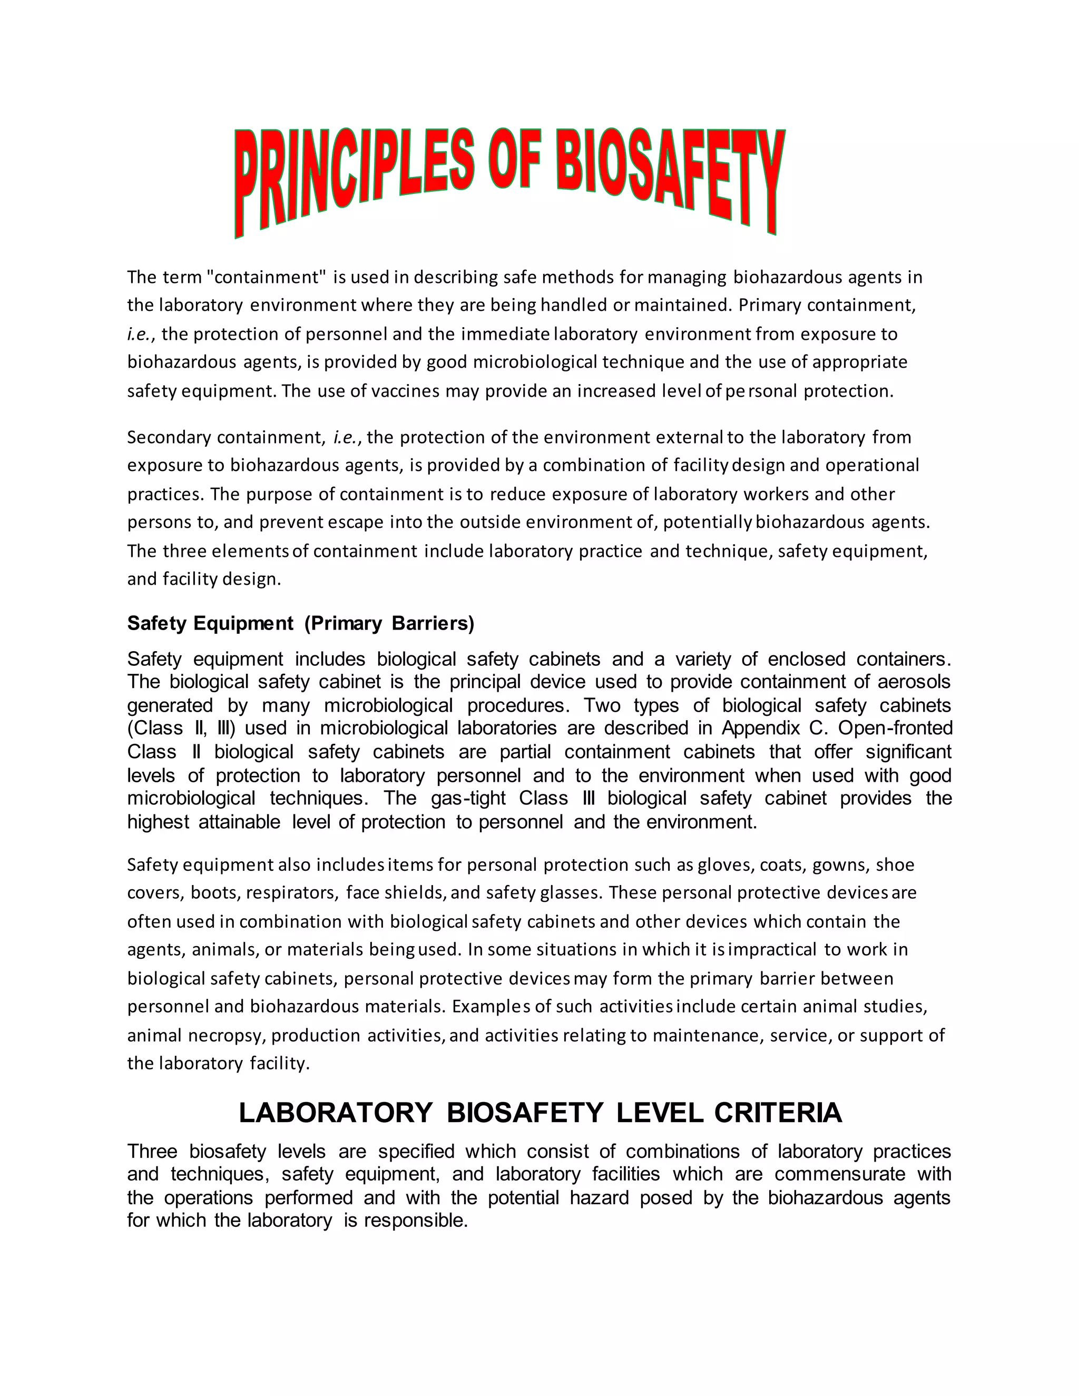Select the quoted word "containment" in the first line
[267, 278]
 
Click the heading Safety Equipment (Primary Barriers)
[300, 623]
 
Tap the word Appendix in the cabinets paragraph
[760, 728]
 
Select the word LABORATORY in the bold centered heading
[336, 1113]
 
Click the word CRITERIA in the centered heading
[778, 1113]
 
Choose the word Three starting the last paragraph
[152, 1151]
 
